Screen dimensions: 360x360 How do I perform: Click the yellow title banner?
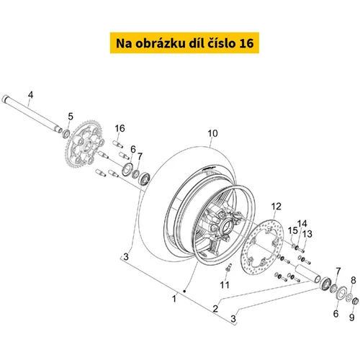pos(184,42)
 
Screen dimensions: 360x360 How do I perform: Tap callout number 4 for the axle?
pos(30,95)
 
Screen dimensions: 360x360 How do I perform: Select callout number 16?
pos(120,128)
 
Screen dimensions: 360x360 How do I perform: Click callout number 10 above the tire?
pos(212,133)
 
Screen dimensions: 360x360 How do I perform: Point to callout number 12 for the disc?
pos(276,207)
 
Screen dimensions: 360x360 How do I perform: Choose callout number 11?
pos(225,285)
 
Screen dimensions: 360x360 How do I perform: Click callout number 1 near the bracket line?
pos(174,299)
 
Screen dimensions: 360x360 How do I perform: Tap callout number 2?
pos(215,308)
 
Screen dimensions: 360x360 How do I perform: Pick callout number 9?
pos(351,318)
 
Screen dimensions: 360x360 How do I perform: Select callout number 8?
pos(354,280)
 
